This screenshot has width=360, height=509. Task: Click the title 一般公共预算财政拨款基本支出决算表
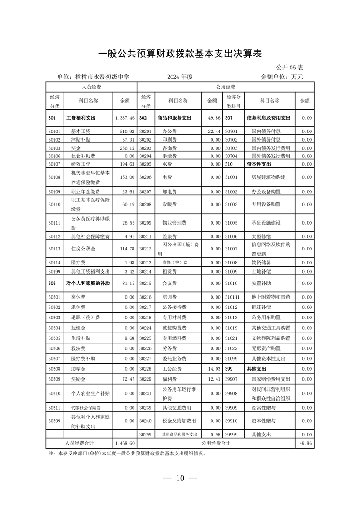tap(180, 54)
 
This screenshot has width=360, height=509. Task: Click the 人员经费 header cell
tap(91, 87)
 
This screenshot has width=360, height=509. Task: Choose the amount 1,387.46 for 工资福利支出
tap(125, 118)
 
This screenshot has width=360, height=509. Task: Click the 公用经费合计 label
tap(216, 443)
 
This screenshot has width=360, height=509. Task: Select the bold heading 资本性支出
tap(258, 164)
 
